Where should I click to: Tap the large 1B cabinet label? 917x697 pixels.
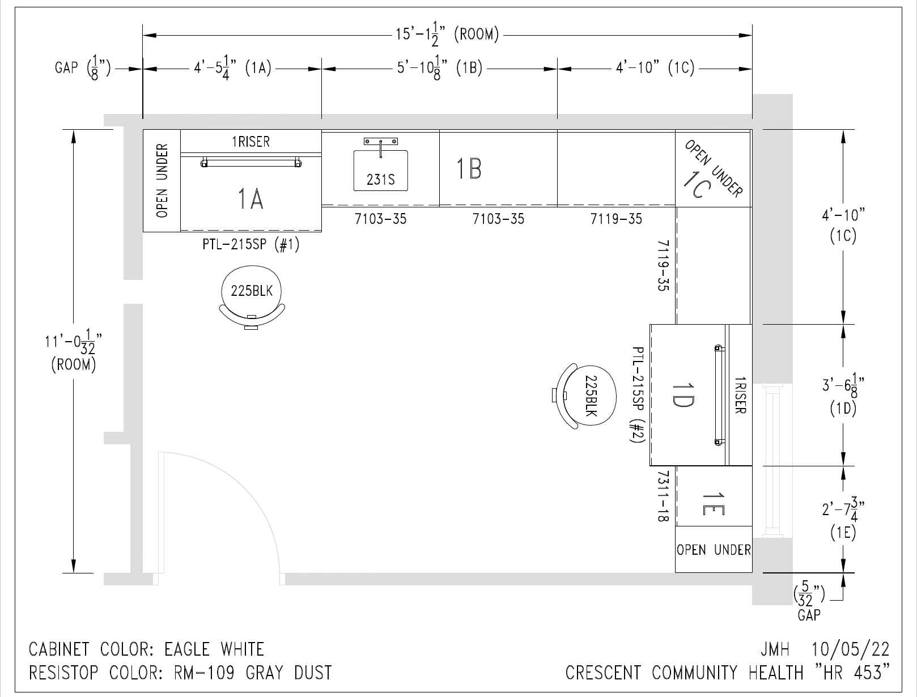pos(469,169)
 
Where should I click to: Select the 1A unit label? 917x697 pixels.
pos(251,199)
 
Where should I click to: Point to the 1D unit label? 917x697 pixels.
pos(682,396)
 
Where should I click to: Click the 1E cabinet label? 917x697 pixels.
pos(714,504)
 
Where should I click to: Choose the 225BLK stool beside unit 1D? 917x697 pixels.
pos(584,396)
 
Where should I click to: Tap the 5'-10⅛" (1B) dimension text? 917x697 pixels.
pos(440,68)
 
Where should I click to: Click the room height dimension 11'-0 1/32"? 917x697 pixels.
pos(74,350)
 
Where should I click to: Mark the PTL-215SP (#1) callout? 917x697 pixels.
pos(251,244)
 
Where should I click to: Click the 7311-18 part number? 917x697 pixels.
pos(664,496)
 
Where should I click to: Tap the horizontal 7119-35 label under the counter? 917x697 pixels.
pos(616,219)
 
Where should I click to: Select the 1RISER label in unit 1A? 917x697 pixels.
pos(251,142)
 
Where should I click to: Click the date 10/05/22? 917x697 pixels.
pos(850,649)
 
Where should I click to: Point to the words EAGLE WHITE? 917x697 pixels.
pos(214,649)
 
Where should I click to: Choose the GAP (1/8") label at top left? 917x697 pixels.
pos(83,68)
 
